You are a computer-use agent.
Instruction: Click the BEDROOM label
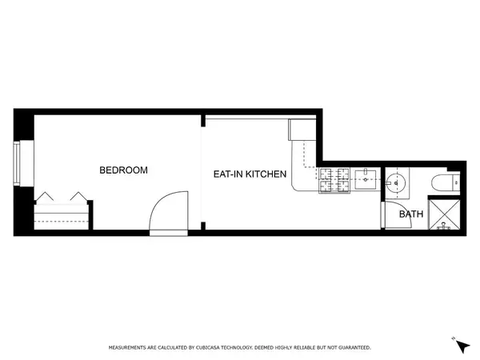(x=123, y=170)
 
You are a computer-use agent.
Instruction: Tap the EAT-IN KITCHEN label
(x=250, y=174)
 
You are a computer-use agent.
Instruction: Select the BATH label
(x=411, y=214)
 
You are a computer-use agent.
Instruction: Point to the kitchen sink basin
(x=367, y=178)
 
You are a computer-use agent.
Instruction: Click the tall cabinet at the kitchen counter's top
(x=305, y=130)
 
